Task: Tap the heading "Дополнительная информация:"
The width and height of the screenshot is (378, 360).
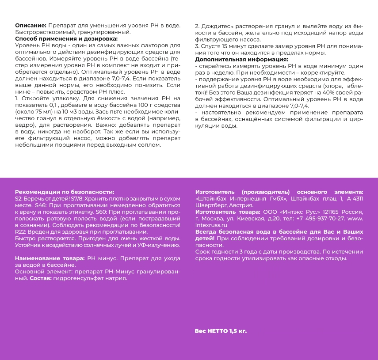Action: (241, 59)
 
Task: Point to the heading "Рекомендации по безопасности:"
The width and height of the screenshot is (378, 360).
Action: (65, 192)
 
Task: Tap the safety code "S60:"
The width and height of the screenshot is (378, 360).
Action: (103, 212)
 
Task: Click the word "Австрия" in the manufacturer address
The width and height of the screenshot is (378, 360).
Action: (241, 205)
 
